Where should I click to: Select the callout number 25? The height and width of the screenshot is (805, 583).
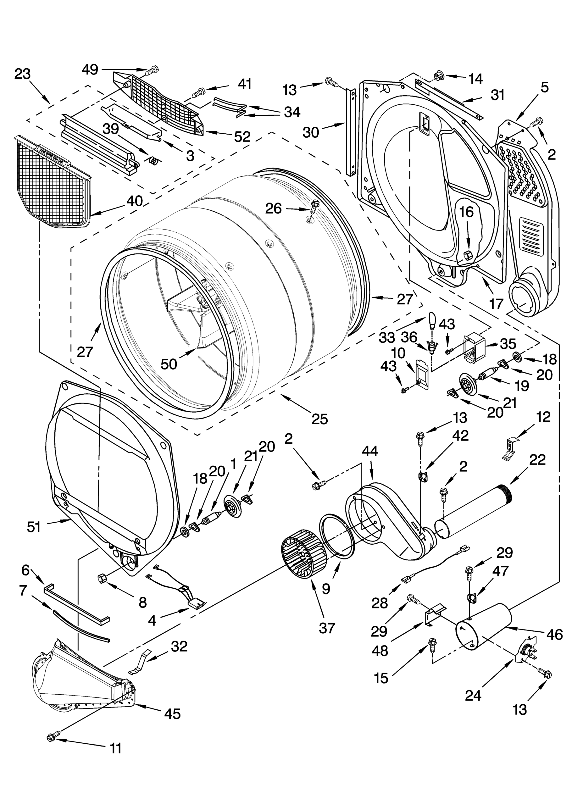pyautogui.click(x=319, y=419)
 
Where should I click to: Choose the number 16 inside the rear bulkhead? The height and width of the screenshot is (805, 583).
pyautogui.click(x=467, y=212)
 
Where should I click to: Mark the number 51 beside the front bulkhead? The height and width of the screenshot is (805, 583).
pyautogui.click(x=34, y=527)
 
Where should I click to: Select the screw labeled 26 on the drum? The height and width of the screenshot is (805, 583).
pyautogui.click(x=314, y=207)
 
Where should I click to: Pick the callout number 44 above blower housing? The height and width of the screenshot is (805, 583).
pyautogui.click(x=370, y=451)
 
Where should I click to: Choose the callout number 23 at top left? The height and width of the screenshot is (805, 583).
pyautogui.click(x=23, y=74)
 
